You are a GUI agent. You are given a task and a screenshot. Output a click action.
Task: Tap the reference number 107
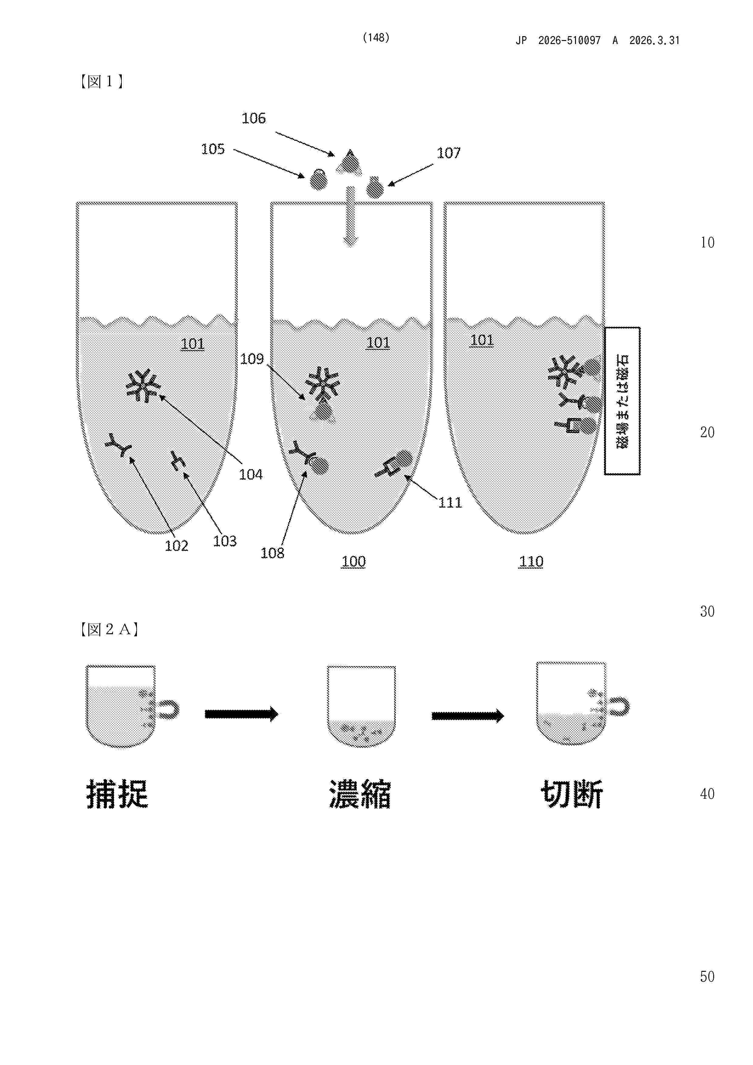[x=449, y=153]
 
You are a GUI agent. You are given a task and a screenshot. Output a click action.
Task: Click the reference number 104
[x=250, y=475]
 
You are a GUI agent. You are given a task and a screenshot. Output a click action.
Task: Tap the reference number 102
[x=177, y=546]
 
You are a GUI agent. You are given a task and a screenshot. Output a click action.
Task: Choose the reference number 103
[x=225, y=541]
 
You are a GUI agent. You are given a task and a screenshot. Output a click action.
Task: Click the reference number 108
[x=272, y=553]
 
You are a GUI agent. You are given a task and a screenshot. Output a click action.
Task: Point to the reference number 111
[x=450, y=502]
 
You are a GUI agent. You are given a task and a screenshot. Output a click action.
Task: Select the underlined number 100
[x=353, y=562]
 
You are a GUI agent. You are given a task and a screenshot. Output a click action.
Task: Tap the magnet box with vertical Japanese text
[x=622, y=401]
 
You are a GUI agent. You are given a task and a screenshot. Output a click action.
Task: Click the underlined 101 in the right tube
[x=482, y=340]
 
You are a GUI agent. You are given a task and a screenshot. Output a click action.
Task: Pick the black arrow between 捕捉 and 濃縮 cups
[x=241, y=714]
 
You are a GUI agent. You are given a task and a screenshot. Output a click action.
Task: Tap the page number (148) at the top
[x=376, y=38]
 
